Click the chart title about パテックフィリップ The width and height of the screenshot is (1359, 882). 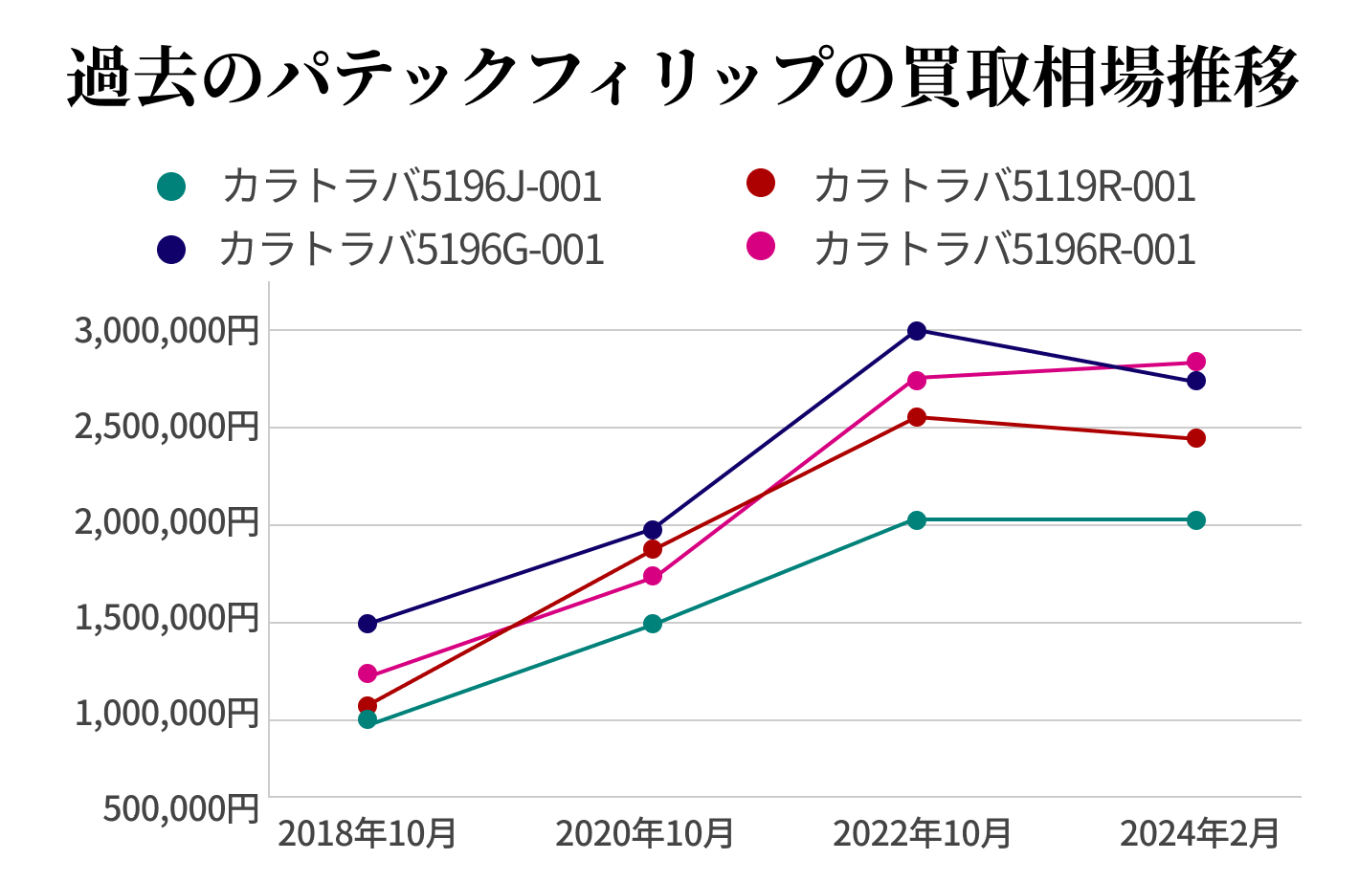[x=681, y=77]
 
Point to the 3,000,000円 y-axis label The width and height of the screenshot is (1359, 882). [x=167, y=331]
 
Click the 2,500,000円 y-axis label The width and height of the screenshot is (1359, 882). [x=167, y=427]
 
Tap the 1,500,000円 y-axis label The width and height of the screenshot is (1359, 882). [x=167, y=619]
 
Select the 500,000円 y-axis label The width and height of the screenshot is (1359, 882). [x=181, y=809]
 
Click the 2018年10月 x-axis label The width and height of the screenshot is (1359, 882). [x=367, y=833]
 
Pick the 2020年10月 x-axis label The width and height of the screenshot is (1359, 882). [x=644, y=833]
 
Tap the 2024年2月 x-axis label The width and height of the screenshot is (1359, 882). [x=1199, y=833]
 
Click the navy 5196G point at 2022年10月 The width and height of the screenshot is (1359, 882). [x=917, y=331]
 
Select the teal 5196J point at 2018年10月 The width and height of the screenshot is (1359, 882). [x=368, y=719]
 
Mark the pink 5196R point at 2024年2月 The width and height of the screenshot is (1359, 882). [x=1196, y=362]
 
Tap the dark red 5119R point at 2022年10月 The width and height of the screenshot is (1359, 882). [x=917, y=417]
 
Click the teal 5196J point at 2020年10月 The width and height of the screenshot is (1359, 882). [x=653, y=624]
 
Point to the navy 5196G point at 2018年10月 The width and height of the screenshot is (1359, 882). [x=368, y=624]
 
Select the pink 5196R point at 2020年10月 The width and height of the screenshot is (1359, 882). [x=653, y=576]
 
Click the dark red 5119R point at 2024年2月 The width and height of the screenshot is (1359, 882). [x=1196, y=438]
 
